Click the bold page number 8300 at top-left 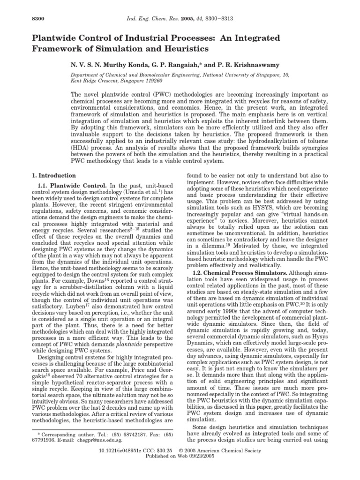23,18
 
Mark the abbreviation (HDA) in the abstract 79,139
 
